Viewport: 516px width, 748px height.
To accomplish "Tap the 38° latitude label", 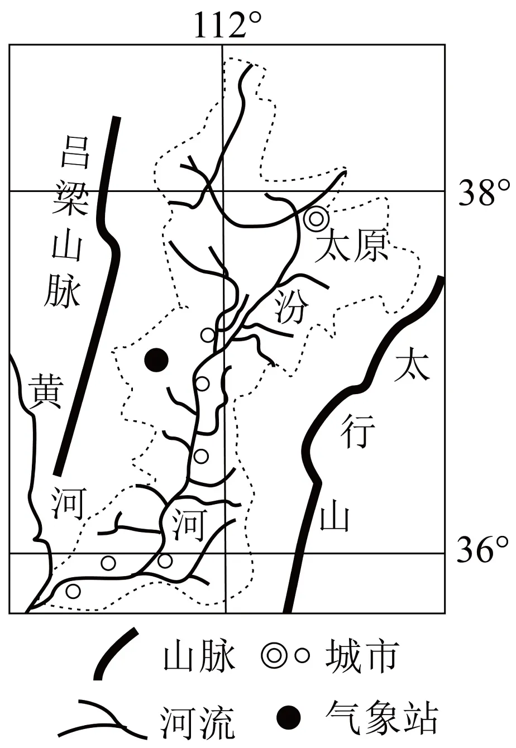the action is [x=484, y=193].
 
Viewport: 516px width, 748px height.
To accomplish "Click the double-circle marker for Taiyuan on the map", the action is [x=316, y=218].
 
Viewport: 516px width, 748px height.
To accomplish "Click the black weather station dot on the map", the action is [x=156, y=360].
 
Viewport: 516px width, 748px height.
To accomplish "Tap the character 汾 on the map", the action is [x=291, y=306].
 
